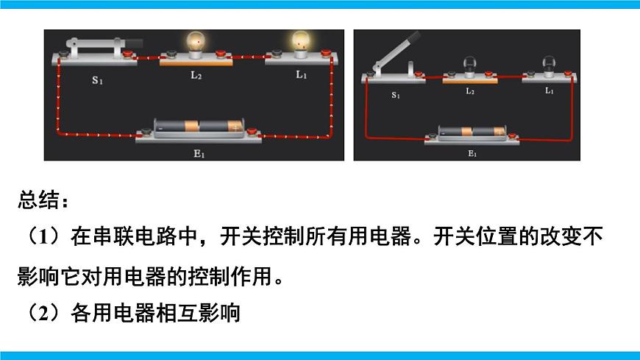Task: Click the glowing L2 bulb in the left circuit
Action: point(196,45)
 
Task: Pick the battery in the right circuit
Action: point(472,132)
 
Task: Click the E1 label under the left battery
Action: point(199,154)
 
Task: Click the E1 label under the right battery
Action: point(472,154)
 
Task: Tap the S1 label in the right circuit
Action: point(396,95)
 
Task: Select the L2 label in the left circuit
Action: point(196,76)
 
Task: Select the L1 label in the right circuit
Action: point(549,91)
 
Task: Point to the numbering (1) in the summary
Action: point(43,238)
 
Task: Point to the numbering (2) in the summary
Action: point(43,313)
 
